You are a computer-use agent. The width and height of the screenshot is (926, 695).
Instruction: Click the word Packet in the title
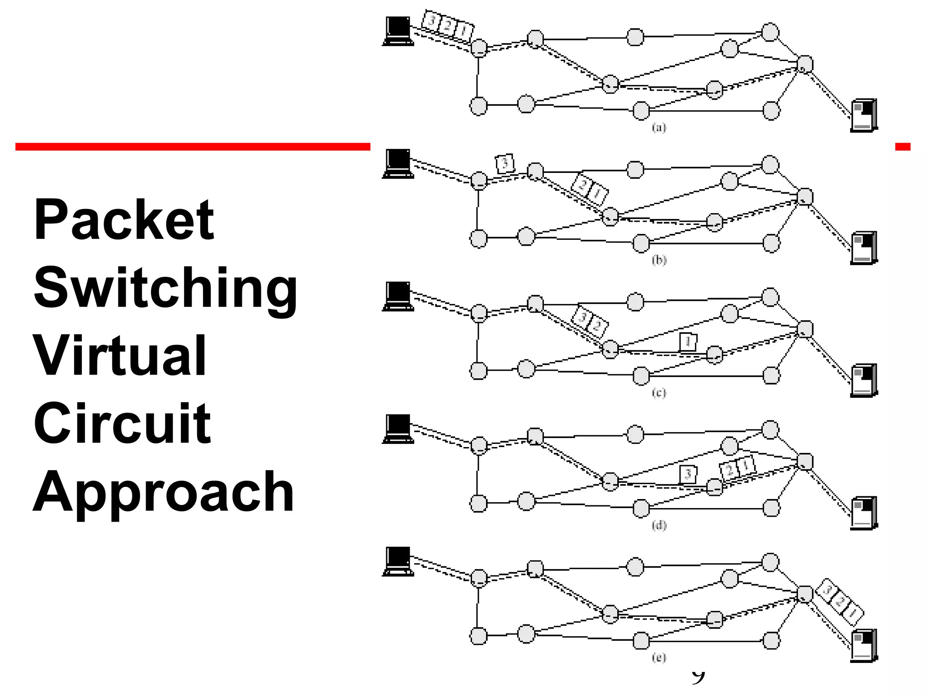[123, 220]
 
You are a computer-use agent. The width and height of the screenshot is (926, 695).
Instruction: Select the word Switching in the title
[165, 288]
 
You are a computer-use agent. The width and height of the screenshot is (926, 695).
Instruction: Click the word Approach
[164, 492]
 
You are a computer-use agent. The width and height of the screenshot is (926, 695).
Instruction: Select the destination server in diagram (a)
[864, 115]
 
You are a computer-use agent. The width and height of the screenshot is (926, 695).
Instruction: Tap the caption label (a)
[659, 128]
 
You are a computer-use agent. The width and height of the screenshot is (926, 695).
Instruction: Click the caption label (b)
[659, 260]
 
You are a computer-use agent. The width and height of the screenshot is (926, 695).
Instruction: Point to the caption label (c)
[659, 392]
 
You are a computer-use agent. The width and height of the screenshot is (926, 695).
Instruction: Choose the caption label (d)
[659, 525]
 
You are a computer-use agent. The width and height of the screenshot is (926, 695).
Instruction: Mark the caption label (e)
[659, 657]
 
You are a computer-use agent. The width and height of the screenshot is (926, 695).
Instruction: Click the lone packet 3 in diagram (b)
[505, 163]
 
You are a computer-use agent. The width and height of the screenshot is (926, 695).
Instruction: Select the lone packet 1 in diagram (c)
[688, 342]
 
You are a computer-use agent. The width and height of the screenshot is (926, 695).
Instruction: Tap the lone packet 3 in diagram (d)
[688, 474]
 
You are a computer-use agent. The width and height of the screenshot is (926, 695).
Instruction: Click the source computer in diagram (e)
[398, 561]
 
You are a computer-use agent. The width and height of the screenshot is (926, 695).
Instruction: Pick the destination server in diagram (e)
[864, 646]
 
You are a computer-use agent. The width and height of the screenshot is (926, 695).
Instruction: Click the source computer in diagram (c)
[398, 296]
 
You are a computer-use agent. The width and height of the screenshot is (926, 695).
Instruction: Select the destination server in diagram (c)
[864, 381]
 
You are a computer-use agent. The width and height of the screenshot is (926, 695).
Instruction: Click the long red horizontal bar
[193, 147]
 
